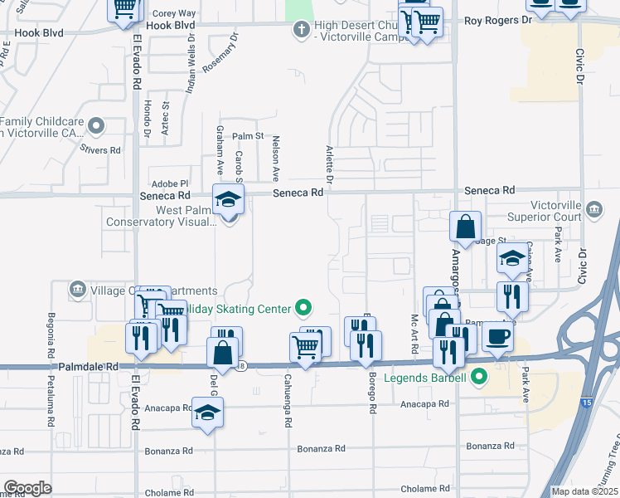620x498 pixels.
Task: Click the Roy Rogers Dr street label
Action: pyautogui.click(x=497, y=20)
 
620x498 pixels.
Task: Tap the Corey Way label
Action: pyautogui.click(x=174, y=14)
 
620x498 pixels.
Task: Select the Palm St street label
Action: pyautogui.click(x=247, y=136)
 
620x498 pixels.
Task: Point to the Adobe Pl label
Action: pyautogui.click(x=170, y=183)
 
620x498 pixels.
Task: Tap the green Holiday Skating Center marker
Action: pyautogui.click(x=303, y=310)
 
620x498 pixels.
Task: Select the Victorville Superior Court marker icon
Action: pyautogui.click(x=593, y=207)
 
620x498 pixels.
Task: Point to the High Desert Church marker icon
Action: pyautogui.click(x=301, y=31)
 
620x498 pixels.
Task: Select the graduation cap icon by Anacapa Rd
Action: pyautogui.click(x=206, y=411)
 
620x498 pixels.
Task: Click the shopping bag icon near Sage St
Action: pyautogui.click(x=465, y=225)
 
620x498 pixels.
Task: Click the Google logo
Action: pyautogui.click(x=27, y=488)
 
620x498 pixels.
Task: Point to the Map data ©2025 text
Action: pyautogui.click(x=584, y=491)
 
